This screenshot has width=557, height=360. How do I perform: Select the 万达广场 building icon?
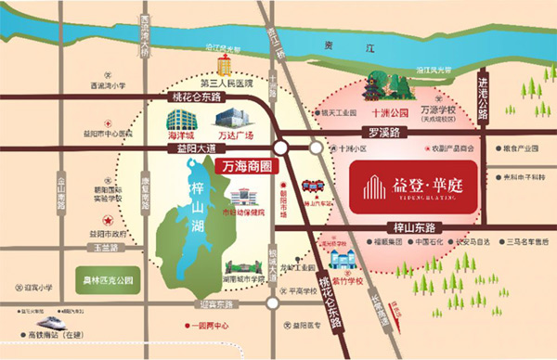(x=230, y=119)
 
